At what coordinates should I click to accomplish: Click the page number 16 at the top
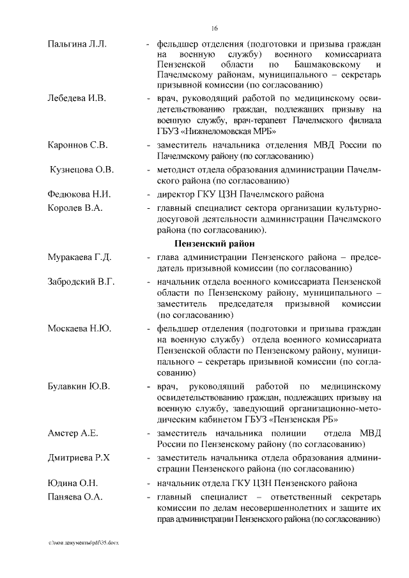[x=215, y=28]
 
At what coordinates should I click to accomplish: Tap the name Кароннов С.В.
[x=77, y=144]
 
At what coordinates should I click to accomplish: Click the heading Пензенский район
[x=215, y=243]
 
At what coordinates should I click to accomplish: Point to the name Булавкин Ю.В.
[x=79, y=386]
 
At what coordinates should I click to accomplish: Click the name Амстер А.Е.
[x=72, y=434]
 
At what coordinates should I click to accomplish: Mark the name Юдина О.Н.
[x=72, y=483]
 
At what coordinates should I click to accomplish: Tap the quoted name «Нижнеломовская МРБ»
[x=222, y=131]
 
